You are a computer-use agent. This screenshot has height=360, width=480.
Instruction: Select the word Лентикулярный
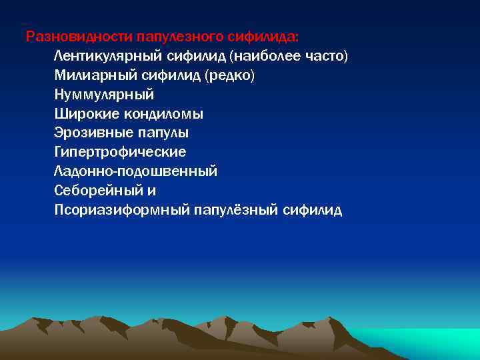pos(103,55)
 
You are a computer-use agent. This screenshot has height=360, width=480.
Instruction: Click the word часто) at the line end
pos(325,55)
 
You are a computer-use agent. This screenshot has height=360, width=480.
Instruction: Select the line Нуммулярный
pos(104,94)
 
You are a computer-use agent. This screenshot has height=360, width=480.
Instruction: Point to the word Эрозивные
pos(89,133)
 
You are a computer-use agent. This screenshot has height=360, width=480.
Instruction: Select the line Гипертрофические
pos(120,152)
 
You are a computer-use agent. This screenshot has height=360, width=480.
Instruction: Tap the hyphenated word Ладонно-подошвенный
pos(136,171)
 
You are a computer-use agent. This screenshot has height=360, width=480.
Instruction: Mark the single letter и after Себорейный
pos(151,191)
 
